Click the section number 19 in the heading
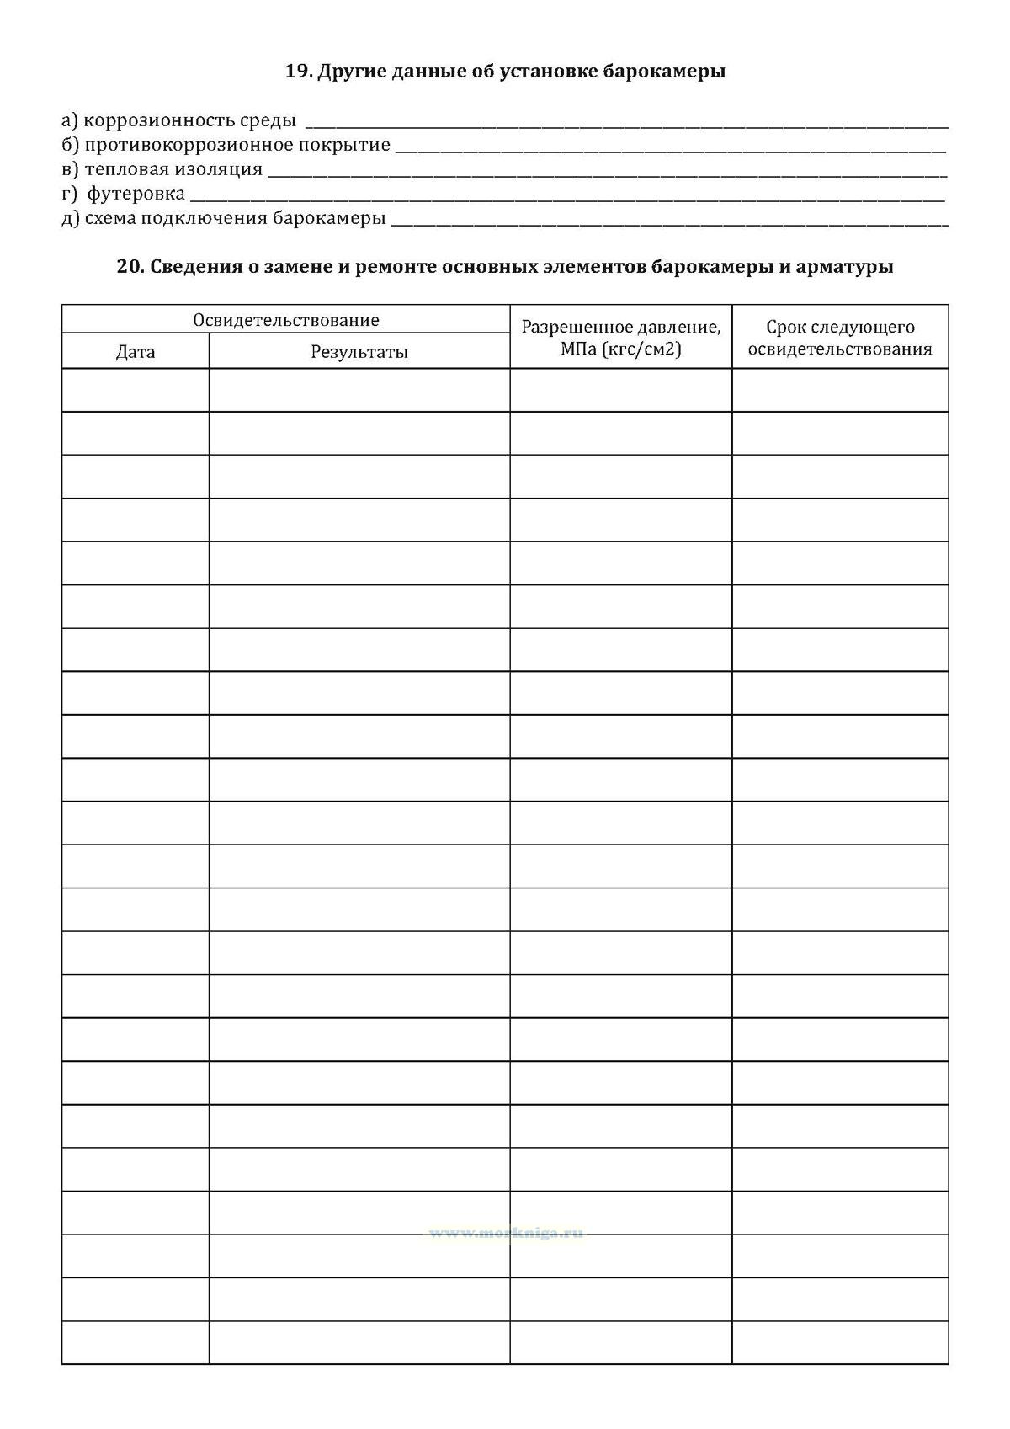(x=296, y=72)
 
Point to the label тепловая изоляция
(x=173, y=169)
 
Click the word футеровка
(x=136, y=194)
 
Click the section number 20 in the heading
(x=128, y=267)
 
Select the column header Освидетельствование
(x=286, y=320)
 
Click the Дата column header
(x=136, y=352)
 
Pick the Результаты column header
(x=359, y=352)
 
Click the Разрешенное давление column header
(x=621, y=328)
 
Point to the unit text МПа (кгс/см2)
(x=621, y=349)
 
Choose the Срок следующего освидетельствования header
(x=840, y=338)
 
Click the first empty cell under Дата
(x=136, y=390)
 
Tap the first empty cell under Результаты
(x=359, y=390)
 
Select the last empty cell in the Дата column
(x=136, y=1342)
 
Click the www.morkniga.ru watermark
(x=505, y=1234)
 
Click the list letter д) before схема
(x=71, y=218)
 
